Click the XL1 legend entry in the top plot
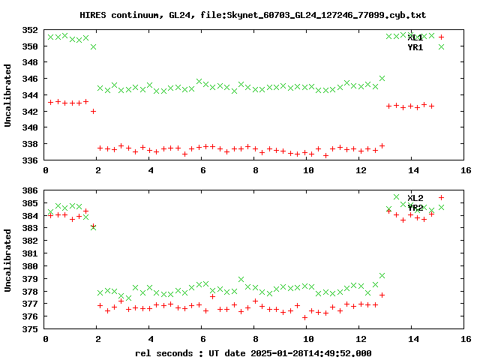tap(415, 37)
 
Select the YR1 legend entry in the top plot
tap(415, 47)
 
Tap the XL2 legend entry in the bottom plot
tap(415, 198)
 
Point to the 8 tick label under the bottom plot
tap(256, 340)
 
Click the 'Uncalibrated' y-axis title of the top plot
tap(8, 95)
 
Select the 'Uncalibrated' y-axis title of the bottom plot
tap(8, 260)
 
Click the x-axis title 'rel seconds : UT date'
tap(195, 352)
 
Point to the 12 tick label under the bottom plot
tap(361, 340)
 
